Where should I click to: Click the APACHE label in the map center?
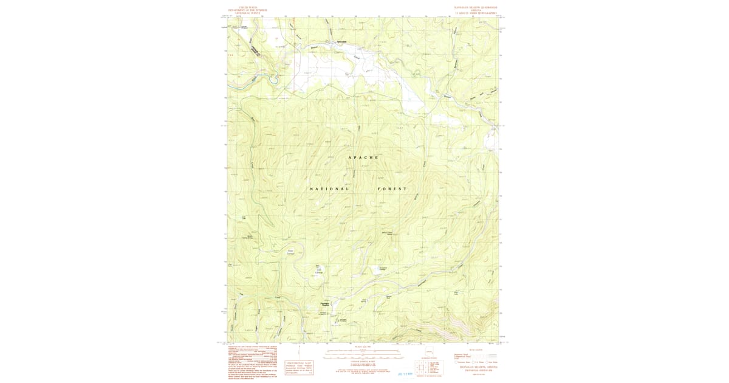pyautogui.click(x=363, y=157)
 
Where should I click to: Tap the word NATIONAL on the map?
pyautogui.click(x=329, y=189)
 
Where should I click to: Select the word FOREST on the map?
pyautogui.click(x=392, y=189)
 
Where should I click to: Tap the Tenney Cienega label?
pyautogui.click(x=290, y=252)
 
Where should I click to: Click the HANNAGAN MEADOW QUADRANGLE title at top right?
pyautogui.click(x=471, y=7)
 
